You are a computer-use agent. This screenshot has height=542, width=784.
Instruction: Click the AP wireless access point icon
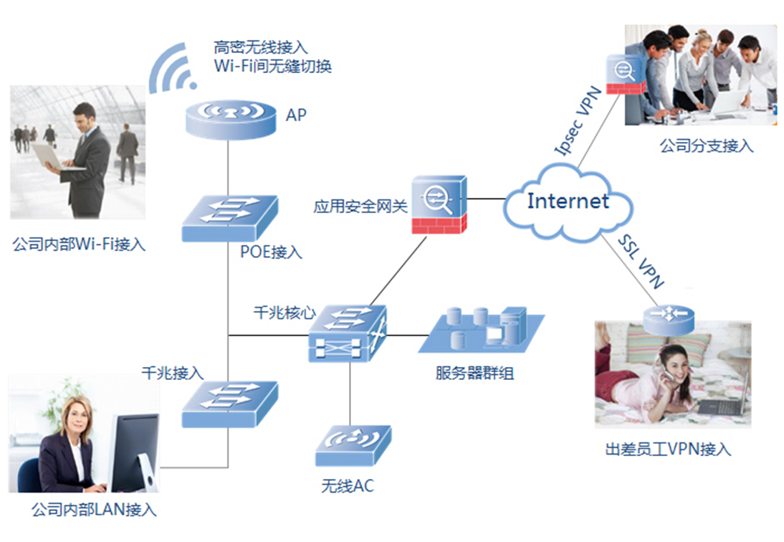229,119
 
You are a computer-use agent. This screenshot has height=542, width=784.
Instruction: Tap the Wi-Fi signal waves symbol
173,69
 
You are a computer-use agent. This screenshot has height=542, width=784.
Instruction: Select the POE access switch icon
229,219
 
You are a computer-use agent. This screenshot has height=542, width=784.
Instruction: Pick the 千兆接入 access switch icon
229,405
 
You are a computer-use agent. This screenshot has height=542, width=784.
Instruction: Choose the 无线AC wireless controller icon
353,446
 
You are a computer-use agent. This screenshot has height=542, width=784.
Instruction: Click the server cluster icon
481,331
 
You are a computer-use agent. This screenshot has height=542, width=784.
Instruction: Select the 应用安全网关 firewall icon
439,204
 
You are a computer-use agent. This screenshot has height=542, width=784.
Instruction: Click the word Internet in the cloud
568,201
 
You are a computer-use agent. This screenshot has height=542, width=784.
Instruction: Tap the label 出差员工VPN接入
667,450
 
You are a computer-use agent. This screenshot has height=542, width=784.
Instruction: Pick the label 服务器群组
474,373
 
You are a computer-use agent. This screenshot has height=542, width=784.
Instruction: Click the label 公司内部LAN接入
94,510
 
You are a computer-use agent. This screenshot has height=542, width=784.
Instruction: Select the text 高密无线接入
260,47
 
